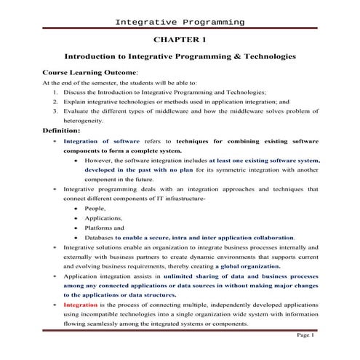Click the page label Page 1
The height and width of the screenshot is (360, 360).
[x=305, y=335]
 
